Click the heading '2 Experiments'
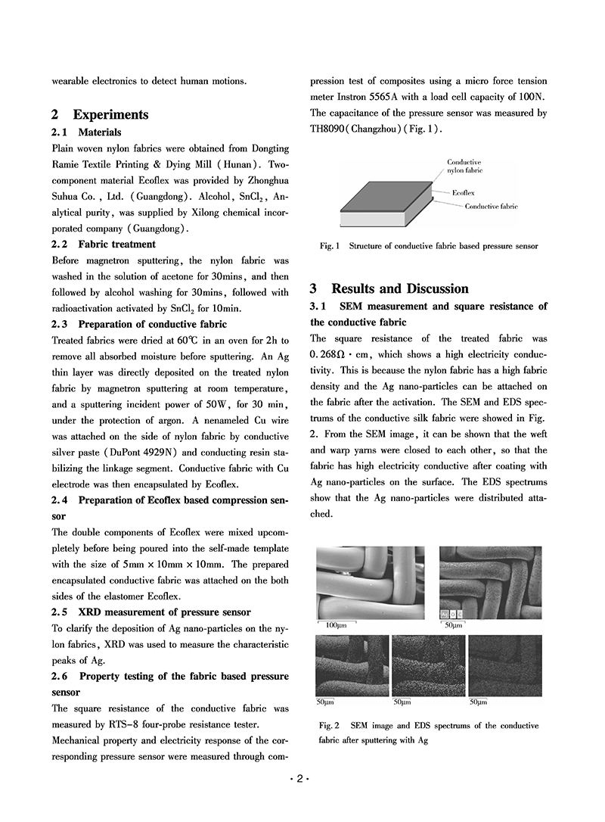100,115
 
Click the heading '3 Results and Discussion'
389,288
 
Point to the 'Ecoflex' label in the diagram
464,193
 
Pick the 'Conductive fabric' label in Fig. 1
491,206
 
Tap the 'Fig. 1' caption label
331,246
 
